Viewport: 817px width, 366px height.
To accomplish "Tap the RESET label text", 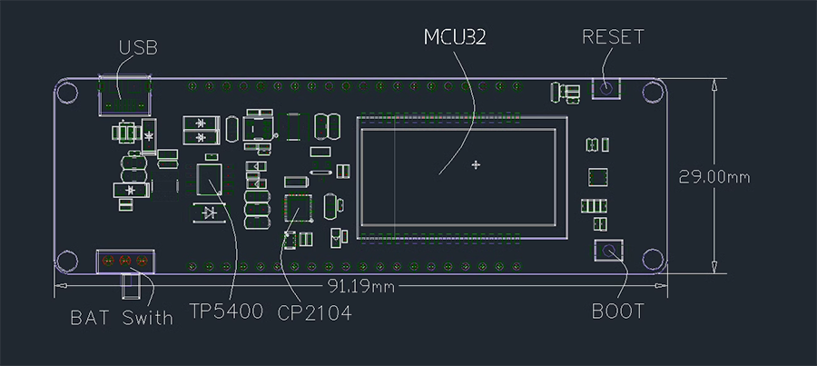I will (613, 37).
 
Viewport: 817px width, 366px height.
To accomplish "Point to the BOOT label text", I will (618, 312).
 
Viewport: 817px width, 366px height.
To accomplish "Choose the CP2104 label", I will (314, 312).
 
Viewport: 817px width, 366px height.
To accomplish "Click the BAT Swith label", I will (122, 318).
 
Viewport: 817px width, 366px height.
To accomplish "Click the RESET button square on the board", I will (605, 88).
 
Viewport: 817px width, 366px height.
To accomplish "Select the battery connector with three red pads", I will (125, 262).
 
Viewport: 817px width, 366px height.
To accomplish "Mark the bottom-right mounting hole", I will (653, 259).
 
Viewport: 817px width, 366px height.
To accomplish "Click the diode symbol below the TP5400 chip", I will (210, 213).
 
